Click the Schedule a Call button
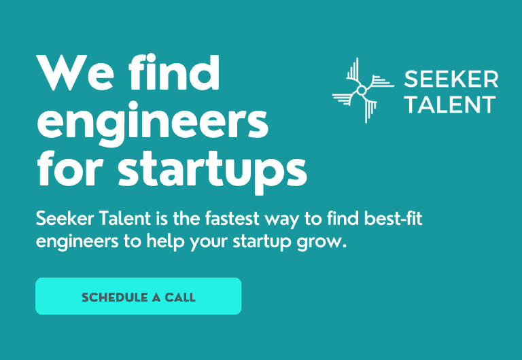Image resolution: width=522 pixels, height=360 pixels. tap(139, 296)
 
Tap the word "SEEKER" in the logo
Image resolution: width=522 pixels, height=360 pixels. tap(451, 79)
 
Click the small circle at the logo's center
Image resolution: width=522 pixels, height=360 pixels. tap(362, 90)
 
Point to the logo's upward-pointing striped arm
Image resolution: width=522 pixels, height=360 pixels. tap(353, 72)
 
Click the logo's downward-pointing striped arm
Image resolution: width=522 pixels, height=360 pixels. tap(370, 108)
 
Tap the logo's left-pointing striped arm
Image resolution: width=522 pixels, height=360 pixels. tap(345, 98)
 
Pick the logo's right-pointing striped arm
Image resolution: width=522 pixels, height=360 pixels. tap(379, 82)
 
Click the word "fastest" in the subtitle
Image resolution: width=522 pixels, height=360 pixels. tap(232, 219)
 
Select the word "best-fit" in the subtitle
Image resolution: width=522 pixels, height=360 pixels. tap(393, 219)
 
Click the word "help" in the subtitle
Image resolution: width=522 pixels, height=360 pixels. tap(165, 242)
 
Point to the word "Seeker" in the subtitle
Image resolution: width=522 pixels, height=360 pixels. tap(65, 219)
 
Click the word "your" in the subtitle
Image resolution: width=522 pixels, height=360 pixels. tap(209, 242)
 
